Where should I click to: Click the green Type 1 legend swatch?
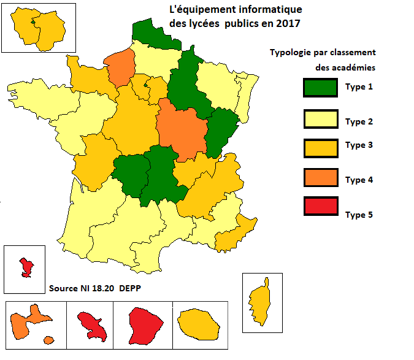click(x=320, y=87)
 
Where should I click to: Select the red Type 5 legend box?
click(x=320, y=205)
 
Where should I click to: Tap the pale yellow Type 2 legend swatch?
click(x=320, y=118)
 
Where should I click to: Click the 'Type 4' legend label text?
click(x=359, y=180)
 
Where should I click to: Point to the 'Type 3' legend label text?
click(x=359, y=145)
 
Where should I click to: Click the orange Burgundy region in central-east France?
click(x=181, y=130)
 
